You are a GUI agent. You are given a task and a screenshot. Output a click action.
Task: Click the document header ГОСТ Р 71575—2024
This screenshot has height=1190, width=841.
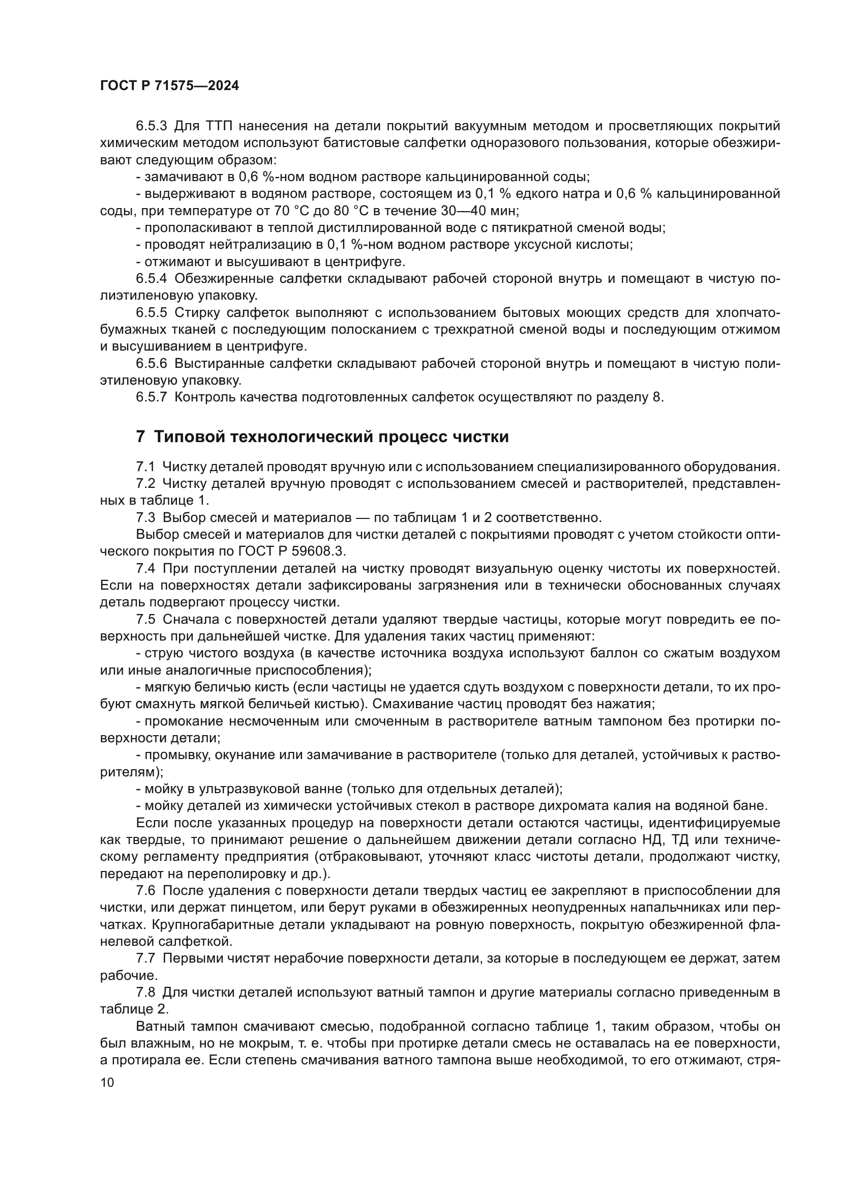point(169,86)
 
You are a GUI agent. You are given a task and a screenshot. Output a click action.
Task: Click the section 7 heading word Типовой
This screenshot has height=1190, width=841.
point(189,437)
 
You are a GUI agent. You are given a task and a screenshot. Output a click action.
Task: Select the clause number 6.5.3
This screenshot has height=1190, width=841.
point(151,126)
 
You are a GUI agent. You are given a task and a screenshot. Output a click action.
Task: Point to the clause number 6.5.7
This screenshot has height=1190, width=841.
point(151,397)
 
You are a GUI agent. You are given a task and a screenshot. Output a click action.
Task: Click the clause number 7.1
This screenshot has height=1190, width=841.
point(145,467)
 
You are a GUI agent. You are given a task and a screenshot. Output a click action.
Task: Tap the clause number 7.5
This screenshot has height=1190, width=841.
point(145,619)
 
